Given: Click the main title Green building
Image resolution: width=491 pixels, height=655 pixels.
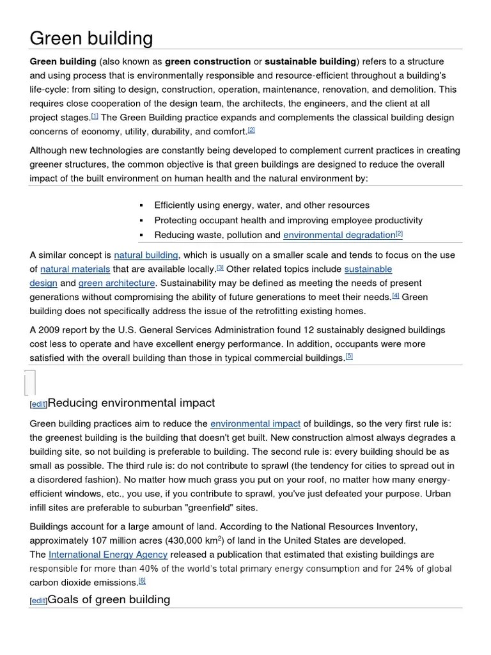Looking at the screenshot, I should click(x=91, y=38).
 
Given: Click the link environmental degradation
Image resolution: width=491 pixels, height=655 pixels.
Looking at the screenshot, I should click(x=339, y=235).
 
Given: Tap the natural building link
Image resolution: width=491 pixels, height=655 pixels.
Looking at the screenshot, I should click(x=146, y=255).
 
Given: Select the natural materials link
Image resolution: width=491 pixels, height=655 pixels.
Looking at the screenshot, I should click(x=75, y=269).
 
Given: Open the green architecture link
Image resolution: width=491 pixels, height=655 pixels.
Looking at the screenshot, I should click(x=117, y=283).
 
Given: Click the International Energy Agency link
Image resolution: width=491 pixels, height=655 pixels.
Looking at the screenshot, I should click(x=108, y=555).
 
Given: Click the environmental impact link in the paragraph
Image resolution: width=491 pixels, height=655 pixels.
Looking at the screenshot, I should click(x=255, y=423).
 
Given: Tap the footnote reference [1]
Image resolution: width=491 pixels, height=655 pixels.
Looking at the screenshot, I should click(x=95, y=116).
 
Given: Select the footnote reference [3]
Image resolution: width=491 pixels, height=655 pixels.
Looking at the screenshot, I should click(x=220, y=267).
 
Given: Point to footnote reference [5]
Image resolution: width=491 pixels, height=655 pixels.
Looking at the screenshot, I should click(x=349, y=356).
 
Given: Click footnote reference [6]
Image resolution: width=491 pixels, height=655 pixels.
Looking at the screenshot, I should click(x=142, y=580).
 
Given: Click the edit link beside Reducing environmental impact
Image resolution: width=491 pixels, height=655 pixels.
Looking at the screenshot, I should click(x=39, y=405).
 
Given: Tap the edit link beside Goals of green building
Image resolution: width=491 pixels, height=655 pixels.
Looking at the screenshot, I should click(x=39, y=601).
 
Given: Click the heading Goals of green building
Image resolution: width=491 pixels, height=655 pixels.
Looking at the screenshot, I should click(x=109, y=599).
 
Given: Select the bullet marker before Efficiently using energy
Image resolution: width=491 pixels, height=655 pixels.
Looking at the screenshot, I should click(x=140, y=206).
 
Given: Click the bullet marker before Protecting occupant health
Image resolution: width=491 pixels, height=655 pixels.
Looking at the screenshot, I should click(x=140, y=221).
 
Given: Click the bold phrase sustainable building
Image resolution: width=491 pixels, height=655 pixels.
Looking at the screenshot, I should click(x=310, y=61).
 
